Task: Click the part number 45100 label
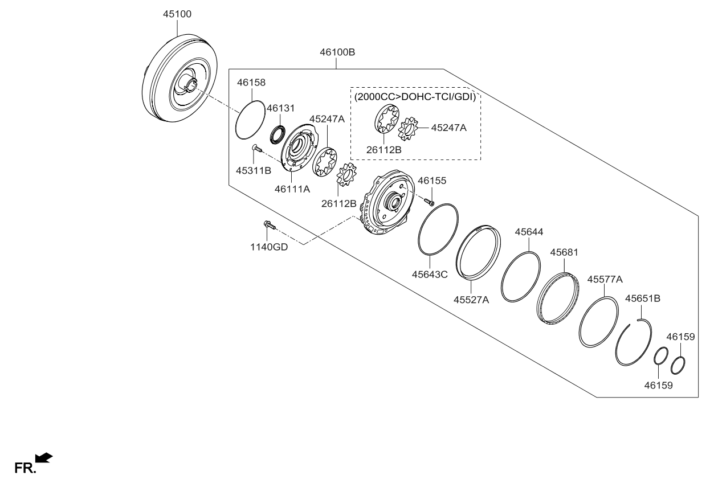[x=176, y=13]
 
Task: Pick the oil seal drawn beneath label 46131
[x=278, y=133]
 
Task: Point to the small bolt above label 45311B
[x=256, y=149]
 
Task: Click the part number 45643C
[x=430, y=274]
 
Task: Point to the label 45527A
[x=471, y=300]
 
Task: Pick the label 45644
[x=529, y=232]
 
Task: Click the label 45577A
[x=605, y=279]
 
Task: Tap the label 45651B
[x=643, y=298]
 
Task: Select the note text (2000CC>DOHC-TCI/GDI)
[x=415, y=97]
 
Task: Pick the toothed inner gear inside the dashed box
[x=409, y=128]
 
